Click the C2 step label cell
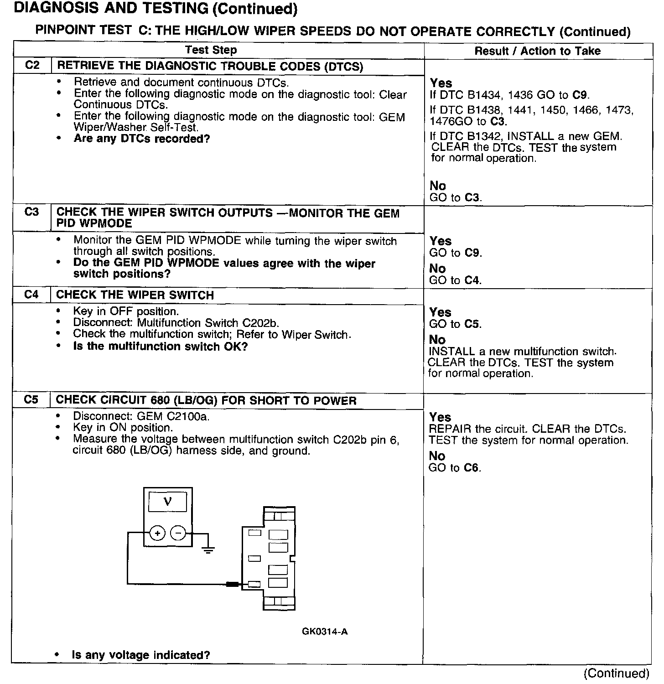click(x=32, y=65)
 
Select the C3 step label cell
click(x=32, y=212)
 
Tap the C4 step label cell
click(x=31, y=295)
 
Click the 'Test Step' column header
click(x=211, y=50)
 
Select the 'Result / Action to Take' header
click(x=537, y=51)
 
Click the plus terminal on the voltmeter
click(x=157, y=533)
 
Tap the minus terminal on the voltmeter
click(x=178, y=533)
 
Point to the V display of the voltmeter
click(x=167, y=502)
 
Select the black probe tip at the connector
click(x=232, y=584)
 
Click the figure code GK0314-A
click(x=325, y=632)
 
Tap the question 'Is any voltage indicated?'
click(x=141, y=655)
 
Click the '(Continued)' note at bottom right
click(x=616, y=673)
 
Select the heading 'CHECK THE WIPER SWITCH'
click(x=135, y=295)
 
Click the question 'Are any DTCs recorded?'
click(x=142, y=139)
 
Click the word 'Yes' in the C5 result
click(x=440, y=417)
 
